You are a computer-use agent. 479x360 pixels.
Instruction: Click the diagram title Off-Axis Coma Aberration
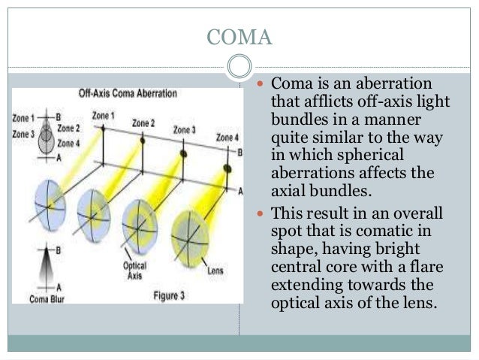pyautogui.click(x=128, y=95)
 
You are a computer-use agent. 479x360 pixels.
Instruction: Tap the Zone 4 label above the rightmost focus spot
pyautogui.click(x=227, y=138)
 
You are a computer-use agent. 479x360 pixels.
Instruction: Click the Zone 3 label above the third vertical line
pyautogui.click(x=184, y=130)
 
